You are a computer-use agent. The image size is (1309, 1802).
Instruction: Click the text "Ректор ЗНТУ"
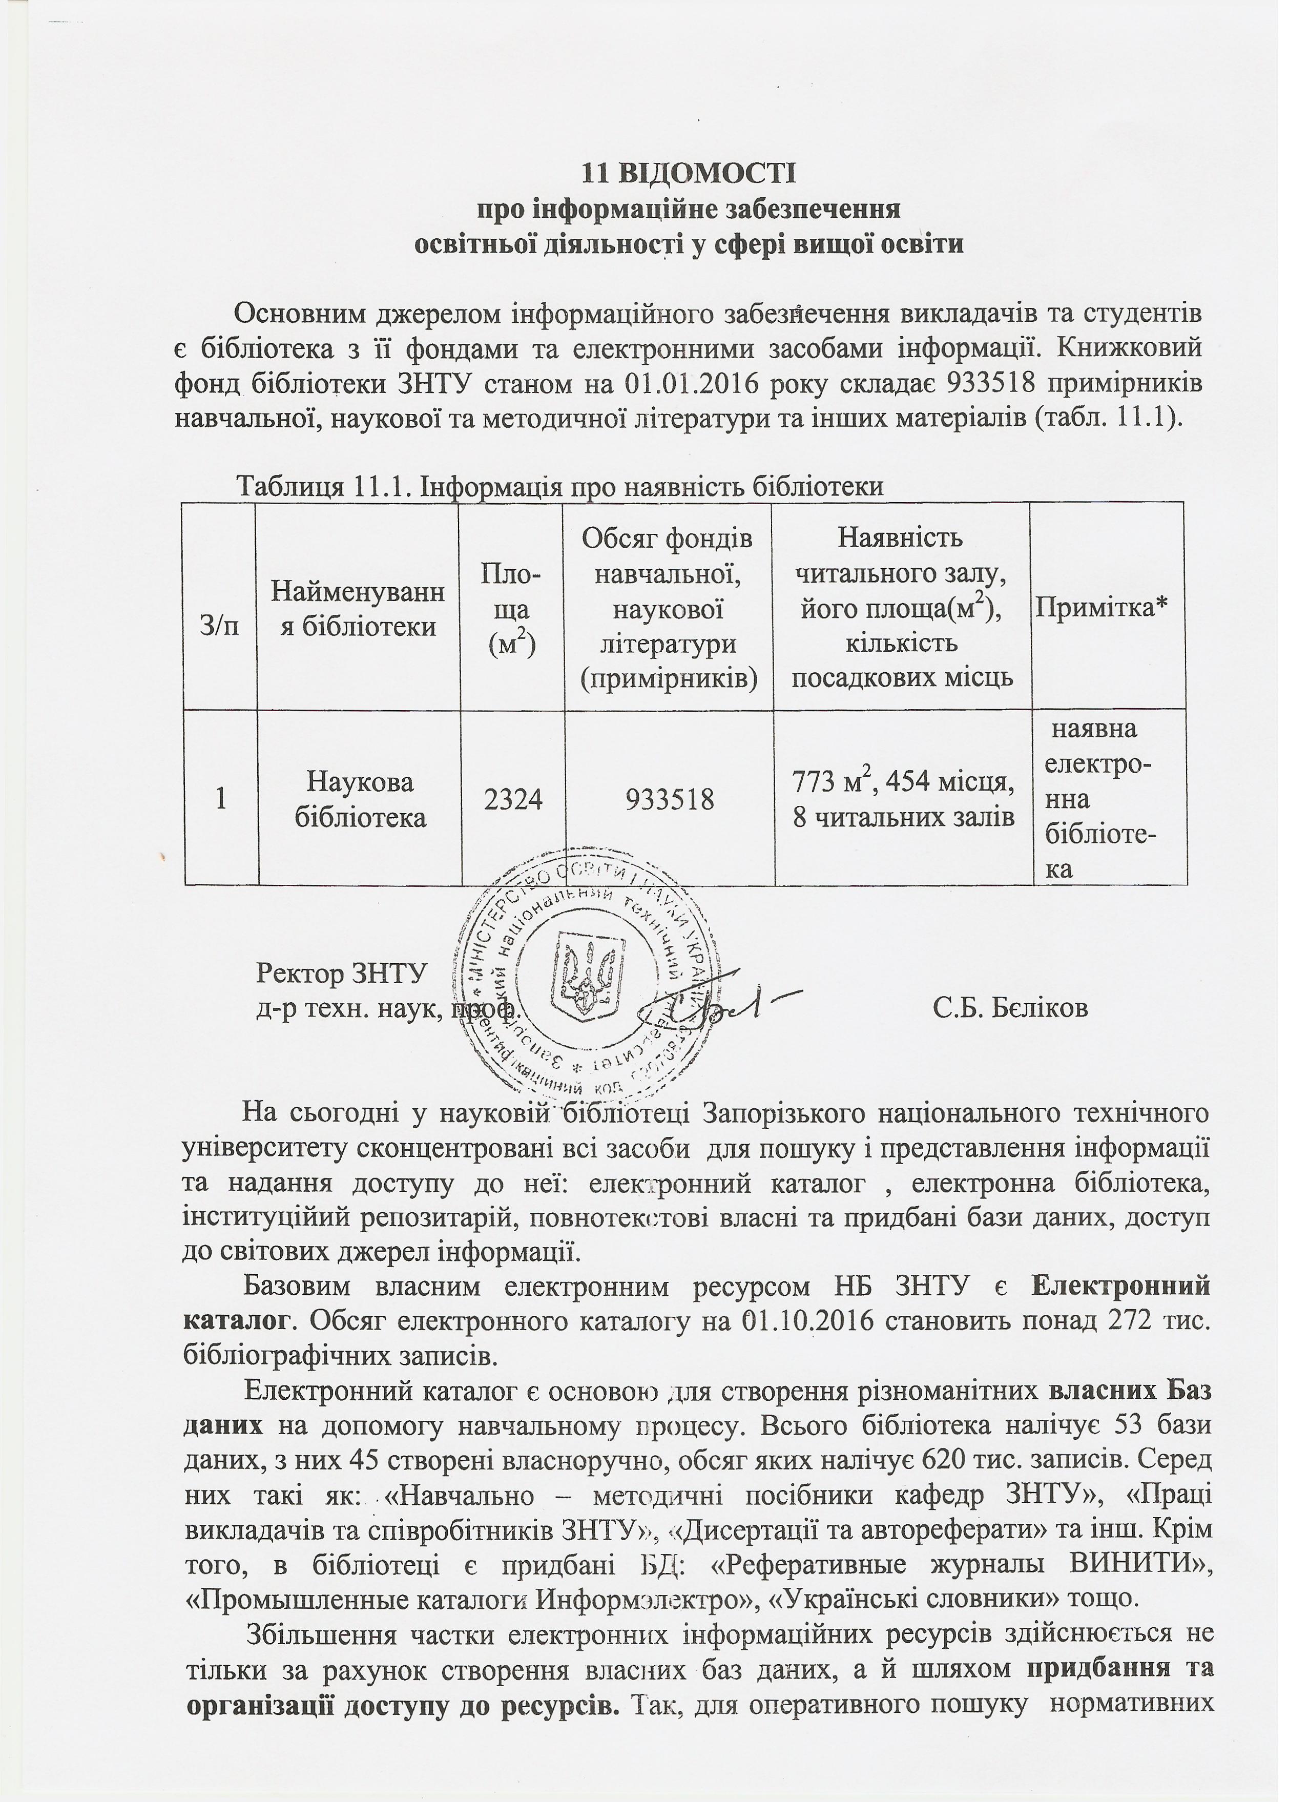point(342,974)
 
